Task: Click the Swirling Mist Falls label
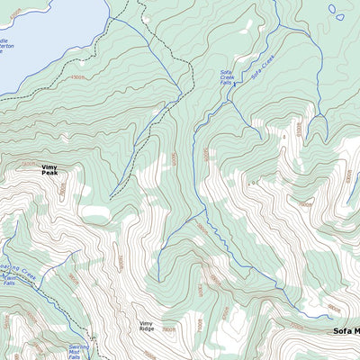tap(79, 350)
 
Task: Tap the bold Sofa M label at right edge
tap(346, 331)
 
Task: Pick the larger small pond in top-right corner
tap(336, 11)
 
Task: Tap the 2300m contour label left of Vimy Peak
tap(29, 164)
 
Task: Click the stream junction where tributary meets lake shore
tap(110, 15)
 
